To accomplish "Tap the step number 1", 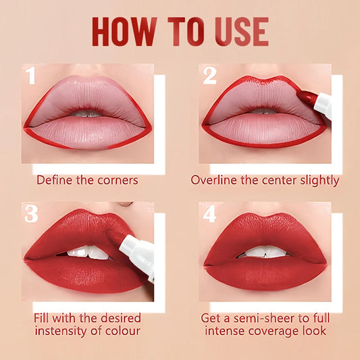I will pyautogui.click(x=30, y=76).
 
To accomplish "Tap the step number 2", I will pyautogui.click(x=209, y=76).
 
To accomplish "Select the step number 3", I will pyautogui.click(x=30, y=214).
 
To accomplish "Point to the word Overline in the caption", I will pyautogui.click(x=215, y=180).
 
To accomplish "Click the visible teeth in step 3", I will pyautogui.click(x=88, y=253).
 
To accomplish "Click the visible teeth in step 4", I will pyautogui.click(x=265, y=251).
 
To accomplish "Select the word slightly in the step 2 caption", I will pyautogui.click(x=317, y=180).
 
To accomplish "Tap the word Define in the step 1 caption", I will pyautogui.click(x=54, y=180).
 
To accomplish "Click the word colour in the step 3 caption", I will pyautogui.click(x=122, y=331).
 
